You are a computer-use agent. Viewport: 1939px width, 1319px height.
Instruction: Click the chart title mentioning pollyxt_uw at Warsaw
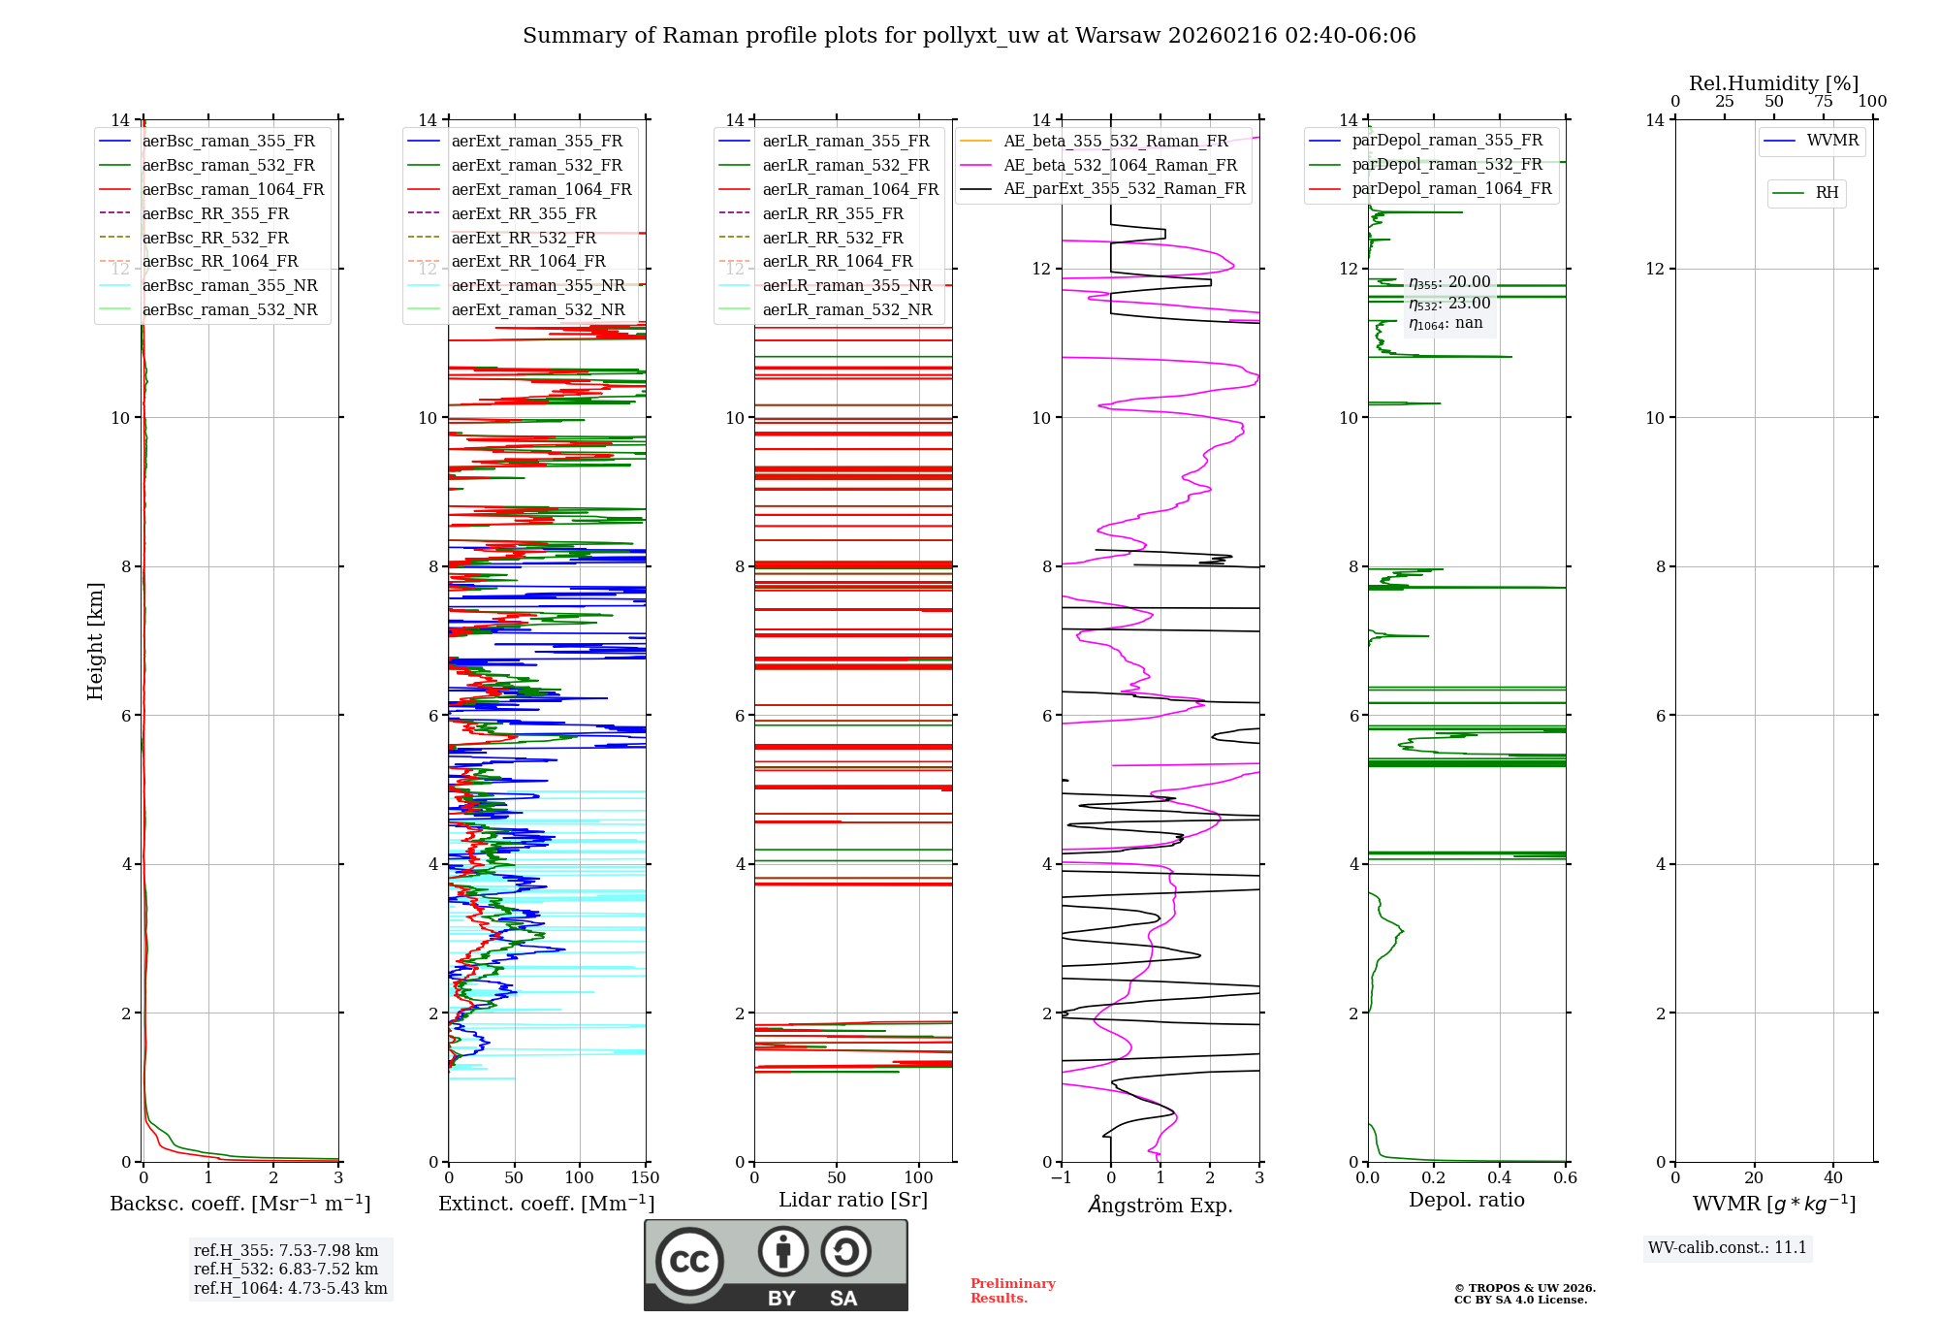click(x=969, y=36)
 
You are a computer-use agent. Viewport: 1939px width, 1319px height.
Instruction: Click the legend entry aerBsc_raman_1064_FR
click(x=233, y=189)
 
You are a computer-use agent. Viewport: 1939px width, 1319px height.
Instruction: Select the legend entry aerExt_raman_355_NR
click(x=538, y=285)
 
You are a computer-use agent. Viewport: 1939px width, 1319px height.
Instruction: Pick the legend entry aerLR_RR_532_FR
click(x=832, y=238)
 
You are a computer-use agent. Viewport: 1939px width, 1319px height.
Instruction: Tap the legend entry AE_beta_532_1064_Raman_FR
click(x=1120, y=165)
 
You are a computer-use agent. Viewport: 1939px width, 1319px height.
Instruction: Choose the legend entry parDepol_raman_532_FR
click(x=1446, y=164)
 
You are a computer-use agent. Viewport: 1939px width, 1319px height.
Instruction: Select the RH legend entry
click(x=1827, y=193)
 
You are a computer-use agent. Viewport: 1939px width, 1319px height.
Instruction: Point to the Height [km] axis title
click(x=95, y=640)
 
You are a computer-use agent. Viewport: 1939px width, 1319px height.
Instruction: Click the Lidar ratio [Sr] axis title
click(x=852, y=1200)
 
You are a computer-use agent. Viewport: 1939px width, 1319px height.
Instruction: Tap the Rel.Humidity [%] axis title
click(x=1773, y=83)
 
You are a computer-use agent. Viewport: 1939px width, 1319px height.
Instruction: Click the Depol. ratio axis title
click(x=1466, y=1200)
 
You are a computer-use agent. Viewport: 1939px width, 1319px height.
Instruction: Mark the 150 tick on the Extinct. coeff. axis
click(x=645, y=1178)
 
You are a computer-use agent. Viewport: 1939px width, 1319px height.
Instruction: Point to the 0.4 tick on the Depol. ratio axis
click(x=1499, y=1178)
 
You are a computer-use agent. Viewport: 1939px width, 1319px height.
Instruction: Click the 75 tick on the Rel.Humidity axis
click(x=1823, y=102)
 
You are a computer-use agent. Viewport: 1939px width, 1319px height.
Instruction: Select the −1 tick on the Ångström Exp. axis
click(x=1062, y=1178)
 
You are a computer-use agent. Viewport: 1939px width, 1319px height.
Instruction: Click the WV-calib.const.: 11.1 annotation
click(x=1728, y=1247)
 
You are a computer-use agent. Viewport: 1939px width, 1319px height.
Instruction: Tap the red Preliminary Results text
click(x=1012, y=1291)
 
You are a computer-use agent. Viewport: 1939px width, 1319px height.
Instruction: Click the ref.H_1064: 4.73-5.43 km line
click(x=290, y=1289)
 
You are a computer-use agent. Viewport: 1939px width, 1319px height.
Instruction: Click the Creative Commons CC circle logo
click(x=689, y=1262)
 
